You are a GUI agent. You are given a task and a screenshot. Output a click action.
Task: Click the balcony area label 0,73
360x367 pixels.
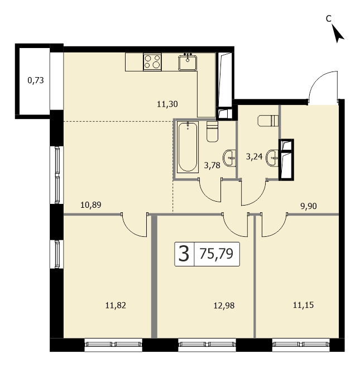(36, 80)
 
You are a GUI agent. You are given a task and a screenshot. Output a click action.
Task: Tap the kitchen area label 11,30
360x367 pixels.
(167, 104)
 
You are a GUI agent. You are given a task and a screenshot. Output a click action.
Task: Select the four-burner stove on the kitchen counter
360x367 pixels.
(152, 61)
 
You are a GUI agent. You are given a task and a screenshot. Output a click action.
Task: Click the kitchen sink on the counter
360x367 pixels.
(188, 63)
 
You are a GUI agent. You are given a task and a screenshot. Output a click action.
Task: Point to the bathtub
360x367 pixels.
(188, 147)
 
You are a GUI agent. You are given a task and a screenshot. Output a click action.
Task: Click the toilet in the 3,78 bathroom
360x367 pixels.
(213, 131)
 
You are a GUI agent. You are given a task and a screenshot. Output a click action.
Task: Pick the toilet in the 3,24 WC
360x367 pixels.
(268, 121)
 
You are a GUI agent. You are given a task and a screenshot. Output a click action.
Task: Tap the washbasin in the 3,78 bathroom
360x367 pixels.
(229, 158)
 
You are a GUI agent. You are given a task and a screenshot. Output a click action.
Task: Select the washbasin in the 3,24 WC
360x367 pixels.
(272, 158)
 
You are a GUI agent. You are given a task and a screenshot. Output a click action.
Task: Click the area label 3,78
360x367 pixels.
(212, 165)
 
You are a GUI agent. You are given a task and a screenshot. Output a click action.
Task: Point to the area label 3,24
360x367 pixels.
(255, 156)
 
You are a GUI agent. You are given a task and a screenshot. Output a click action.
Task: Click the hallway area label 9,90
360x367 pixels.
(309, 206)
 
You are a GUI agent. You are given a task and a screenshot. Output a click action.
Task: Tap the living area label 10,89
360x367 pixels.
(91, 205)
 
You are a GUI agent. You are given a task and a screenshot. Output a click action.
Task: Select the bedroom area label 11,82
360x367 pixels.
(116, 306)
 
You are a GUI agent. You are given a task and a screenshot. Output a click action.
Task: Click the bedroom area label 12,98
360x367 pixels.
(224, 306)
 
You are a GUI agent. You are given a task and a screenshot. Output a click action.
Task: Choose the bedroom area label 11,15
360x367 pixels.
(304, 305)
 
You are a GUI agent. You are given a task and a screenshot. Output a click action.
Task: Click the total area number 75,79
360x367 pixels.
(217, 254)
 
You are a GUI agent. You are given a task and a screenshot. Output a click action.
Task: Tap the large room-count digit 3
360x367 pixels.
(184, 254)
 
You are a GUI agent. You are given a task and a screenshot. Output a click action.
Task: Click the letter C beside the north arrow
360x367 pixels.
(329, 18)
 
